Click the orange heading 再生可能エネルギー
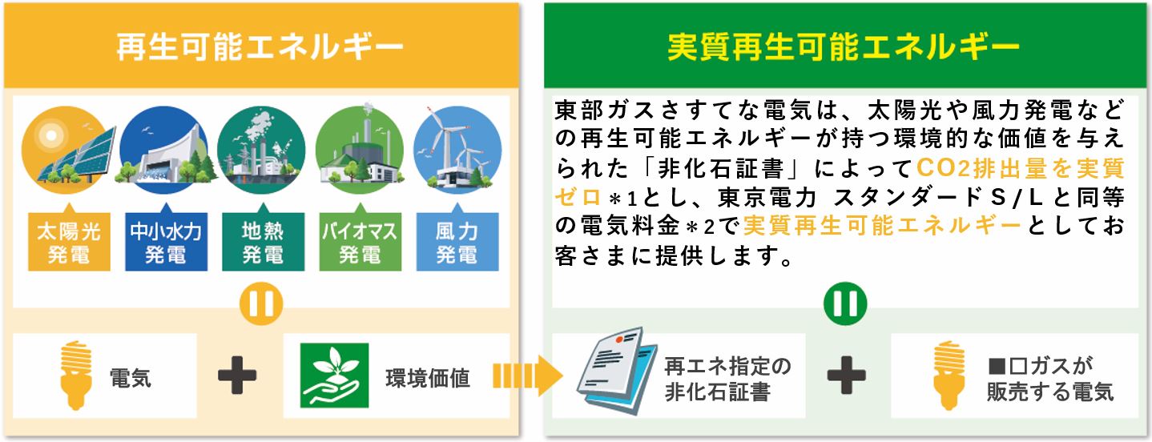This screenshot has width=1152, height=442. point(260,46)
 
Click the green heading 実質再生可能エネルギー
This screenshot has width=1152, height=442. point(844,46)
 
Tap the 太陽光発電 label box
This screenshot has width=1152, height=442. point(69,242)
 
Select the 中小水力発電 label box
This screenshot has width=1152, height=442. point(166,242)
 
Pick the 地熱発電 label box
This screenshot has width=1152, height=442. point(264,242)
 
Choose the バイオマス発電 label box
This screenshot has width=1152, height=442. point(360,242)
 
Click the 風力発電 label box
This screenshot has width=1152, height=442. point(457,242)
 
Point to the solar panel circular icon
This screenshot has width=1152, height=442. point(66,150)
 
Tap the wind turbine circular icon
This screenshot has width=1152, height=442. point(457,150)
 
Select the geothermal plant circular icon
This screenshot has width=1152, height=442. point(261,150)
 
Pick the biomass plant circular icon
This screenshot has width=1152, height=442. point(360,148)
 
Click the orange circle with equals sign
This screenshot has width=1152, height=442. point(261,303)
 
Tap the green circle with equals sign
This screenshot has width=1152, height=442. point(845,303)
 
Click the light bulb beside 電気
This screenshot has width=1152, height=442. point(75,376)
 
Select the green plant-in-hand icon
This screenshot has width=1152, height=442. point(334,376)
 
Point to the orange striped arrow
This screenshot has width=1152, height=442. point(528,376)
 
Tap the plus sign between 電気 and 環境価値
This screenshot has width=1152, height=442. point(237,376)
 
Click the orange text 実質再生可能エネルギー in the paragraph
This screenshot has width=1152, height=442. point(883,226)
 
